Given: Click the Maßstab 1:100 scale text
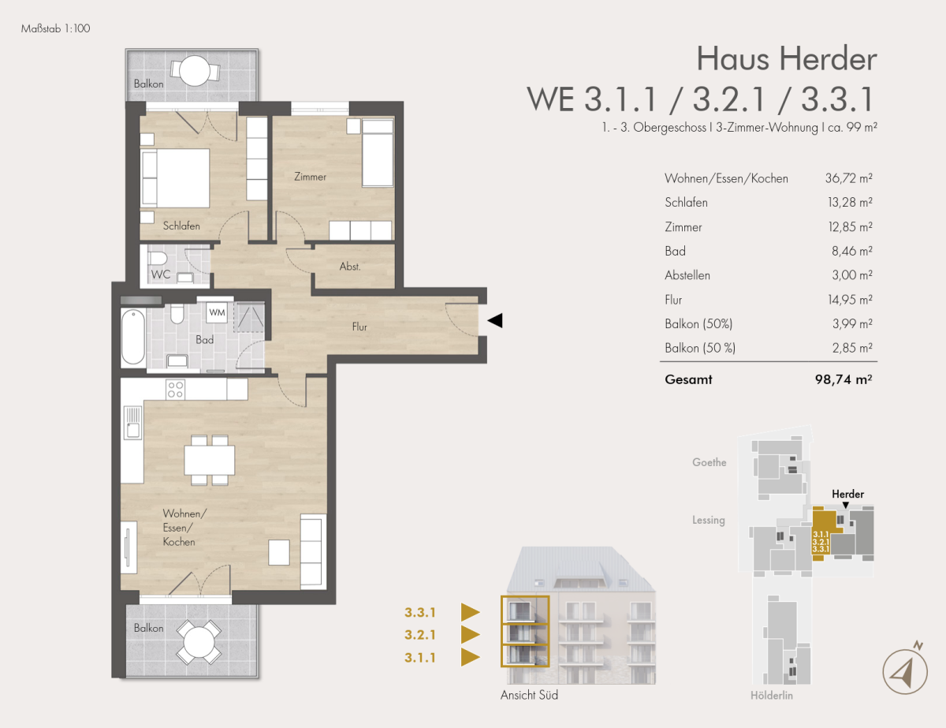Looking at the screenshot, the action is (x=56, y=28).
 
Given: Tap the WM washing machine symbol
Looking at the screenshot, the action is (x=217, y=312).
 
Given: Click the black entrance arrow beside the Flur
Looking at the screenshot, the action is (x=495, y=320).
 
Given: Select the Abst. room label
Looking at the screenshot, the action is (x=350, y=266).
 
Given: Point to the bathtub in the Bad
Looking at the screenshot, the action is (x=133, y=336).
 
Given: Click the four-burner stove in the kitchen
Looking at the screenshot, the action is (x=175, y=390).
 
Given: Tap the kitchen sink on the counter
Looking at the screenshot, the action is (x=132, y=422).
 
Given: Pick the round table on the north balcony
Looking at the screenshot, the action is (x=195, y=70).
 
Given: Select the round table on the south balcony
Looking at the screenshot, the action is (x=199, y=642).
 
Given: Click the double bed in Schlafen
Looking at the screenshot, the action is (x=175, y=177).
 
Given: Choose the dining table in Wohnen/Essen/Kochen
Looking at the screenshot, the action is (x=210, y=460).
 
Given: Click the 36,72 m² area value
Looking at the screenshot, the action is (x=848, y=178).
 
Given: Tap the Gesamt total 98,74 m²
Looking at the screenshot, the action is (x=844, y=379).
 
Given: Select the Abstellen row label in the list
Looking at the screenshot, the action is (x=687, y=275).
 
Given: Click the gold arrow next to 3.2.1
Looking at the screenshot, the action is (x=470, y=634).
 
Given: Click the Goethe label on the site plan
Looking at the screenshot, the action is (x=709, y=462).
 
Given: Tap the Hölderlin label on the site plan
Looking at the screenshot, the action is (x=772, y=696).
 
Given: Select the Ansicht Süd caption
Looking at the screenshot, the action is (x=529, y=695).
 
